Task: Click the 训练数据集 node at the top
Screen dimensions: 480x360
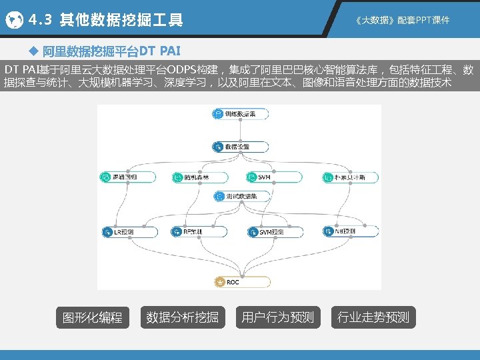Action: click(240, 114)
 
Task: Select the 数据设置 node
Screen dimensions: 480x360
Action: click(240, 147)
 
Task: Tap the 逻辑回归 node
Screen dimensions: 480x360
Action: click(127, 177)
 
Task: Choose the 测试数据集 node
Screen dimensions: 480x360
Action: click(241, 197)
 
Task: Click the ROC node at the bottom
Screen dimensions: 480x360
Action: click(241, 282)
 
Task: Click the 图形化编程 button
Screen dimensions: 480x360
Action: click(92, 317)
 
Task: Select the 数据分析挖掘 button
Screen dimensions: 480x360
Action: click(182, 317)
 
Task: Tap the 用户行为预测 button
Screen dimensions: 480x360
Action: click(277, 317)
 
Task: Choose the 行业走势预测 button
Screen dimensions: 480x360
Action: click(373, 317)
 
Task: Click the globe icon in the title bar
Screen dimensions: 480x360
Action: click(14, 21)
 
